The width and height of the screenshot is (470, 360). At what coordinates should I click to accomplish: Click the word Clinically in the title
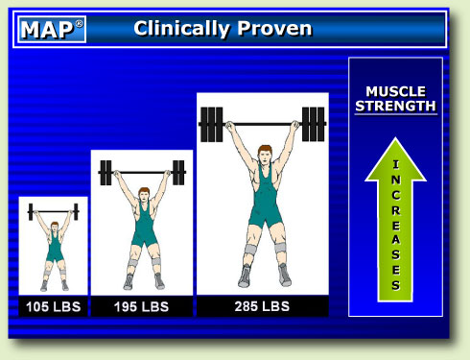click(180, 29)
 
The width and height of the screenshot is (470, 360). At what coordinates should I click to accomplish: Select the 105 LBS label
click(53, 307)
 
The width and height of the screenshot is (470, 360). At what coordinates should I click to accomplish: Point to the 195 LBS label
click(141, 307)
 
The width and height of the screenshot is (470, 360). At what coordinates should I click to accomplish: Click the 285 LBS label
click(262, 307)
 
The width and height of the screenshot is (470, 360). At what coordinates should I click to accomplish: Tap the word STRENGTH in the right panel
click(394, 106)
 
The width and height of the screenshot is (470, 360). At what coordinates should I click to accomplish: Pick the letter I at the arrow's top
click(395, 165)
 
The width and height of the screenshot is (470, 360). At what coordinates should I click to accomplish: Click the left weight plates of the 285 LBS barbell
click(210, 123)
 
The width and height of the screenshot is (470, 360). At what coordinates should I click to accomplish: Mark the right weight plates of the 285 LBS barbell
click(314, 123)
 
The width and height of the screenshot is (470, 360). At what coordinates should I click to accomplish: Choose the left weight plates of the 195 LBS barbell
click(106, 173)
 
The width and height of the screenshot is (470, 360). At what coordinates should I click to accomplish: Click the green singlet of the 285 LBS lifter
click(262, 197)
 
